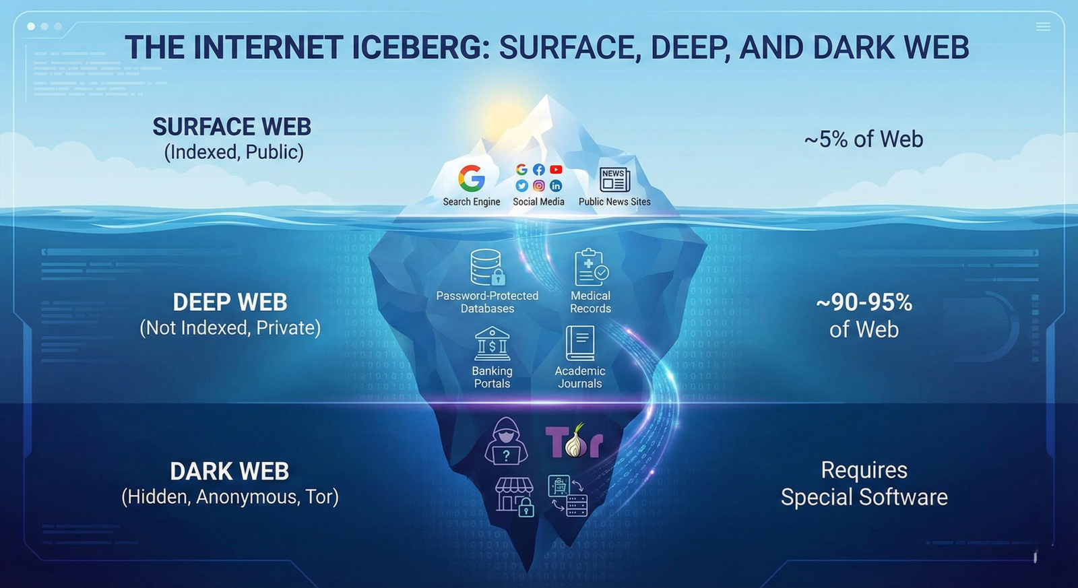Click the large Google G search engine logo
(x=472, y=178)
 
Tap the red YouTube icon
(x=556, y=170)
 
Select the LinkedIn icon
(x=556, y=185)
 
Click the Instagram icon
(x=539, y=185)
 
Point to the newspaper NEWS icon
(x=614, y=180)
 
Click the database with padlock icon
(x=487, y=267)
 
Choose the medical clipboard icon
(x=591, y=267)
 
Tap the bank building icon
(x=493, y=344)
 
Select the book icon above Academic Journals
(x=580, y=344)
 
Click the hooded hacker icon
(x=506, y=441)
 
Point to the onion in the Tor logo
(x=576, y=443)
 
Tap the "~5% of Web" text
(x=864, y=139)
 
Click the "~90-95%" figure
(x=864, y=302)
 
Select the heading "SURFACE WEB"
(x=232, y=127)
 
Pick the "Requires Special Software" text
(x=864, y=484)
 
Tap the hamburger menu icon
(x=1043, y=27)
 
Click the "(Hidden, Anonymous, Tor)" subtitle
(x=230, y=497)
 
